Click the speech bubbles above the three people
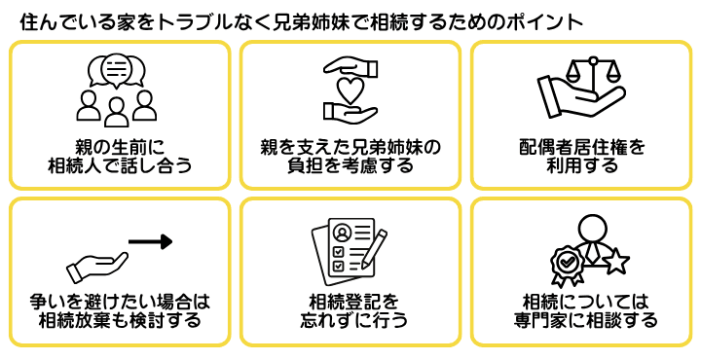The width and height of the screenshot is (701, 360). pos(117,70)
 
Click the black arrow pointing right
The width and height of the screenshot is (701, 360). pos(150,240)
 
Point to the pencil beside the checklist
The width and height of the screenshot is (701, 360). pos(374,247)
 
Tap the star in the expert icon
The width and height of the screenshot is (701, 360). pos(615,261)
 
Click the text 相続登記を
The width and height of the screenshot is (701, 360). pos(350,302)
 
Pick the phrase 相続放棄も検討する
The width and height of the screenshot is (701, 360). pos(119,320)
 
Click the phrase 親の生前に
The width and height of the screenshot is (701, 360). pos(119,147)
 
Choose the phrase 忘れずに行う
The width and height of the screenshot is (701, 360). pos(350,320)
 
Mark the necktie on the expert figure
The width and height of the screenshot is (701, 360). pos(592,255)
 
